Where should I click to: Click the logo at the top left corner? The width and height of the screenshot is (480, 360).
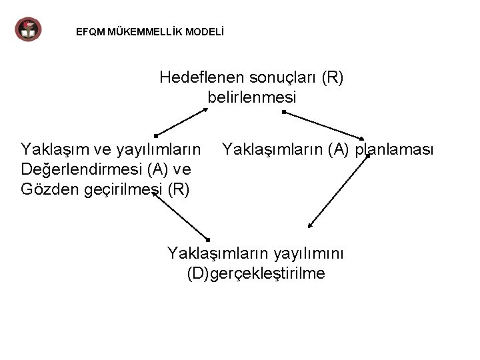coord(28,29)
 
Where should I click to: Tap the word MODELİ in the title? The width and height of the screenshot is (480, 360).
coord(205,31)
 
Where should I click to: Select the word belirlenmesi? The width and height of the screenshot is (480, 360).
coord(251,97)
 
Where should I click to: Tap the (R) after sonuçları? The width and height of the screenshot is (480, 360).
coord(332,77)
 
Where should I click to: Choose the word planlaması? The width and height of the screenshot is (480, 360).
coord(394,148)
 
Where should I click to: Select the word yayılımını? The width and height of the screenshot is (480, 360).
coord(311,253)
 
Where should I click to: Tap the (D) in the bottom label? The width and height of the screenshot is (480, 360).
coord(198,273)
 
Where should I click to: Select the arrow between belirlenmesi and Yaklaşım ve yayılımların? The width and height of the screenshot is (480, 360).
coord(181,122)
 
